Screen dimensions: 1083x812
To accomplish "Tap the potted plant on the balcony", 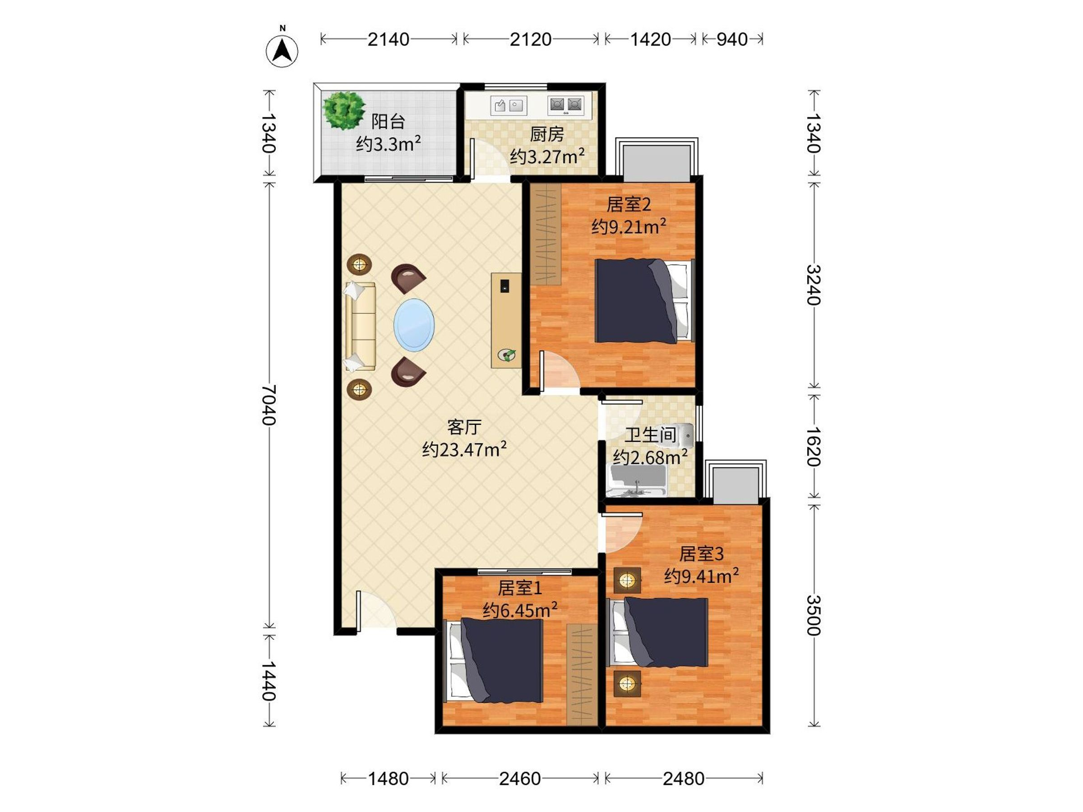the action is click(x=344, y=111).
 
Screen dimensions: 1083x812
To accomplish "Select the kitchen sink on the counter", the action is click(x=509, y=106).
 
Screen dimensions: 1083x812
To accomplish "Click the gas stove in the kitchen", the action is click(x=566, y=105).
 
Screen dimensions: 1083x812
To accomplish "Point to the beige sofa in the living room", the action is click(x=361, y=327).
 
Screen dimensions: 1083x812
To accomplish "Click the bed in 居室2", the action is click(x=645, y=300).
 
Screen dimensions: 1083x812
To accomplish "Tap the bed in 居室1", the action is click(x=493, y=661).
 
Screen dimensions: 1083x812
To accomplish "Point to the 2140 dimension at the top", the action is click(x=388, y=39).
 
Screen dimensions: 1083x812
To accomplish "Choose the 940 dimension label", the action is click(x=732, y=39).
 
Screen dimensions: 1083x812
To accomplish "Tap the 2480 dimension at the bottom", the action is click(x=684, y=779).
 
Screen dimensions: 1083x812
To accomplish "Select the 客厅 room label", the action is click(x=464, y=427).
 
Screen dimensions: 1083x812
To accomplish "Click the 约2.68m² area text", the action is click(x=650, y=457).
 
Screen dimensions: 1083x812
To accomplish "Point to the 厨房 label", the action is click(x=547, y=134).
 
